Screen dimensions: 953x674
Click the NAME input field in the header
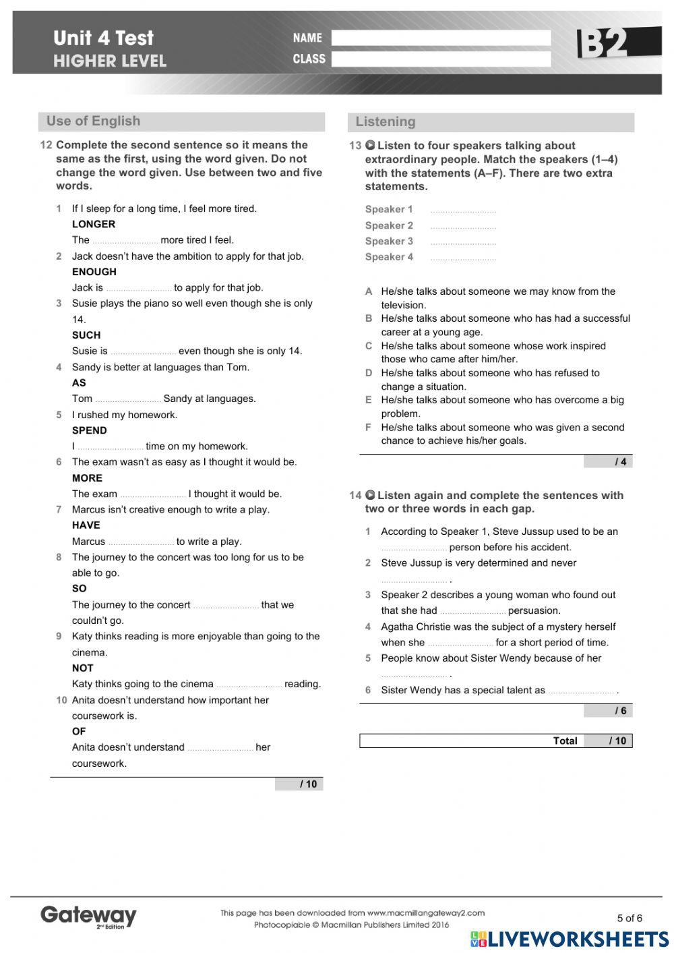[x=441, y=38]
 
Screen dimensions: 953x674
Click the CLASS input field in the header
[x=441, y=59]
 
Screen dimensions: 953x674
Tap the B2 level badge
[x=603, y=44]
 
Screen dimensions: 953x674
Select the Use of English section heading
[x=94, y=121]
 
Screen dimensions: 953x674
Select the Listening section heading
[x=386, y=122]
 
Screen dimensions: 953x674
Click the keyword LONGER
[x=94, y=224]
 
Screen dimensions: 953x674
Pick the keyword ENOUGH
[x=94, y=272]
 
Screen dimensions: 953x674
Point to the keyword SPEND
[x=90, y=430]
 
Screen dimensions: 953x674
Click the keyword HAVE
[x=86, y=525]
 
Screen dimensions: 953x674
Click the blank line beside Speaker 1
[x=463, y=210]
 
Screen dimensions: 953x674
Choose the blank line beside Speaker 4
[x=463, y=258]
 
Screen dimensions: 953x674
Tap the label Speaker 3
[x=389, y=241]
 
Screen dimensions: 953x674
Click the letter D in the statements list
[x=369, y=373]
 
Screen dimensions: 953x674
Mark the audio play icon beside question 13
[x=370, y=146]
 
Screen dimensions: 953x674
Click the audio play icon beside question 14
[x=370, y=495]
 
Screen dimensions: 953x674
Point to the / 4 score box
[x=608, y=462]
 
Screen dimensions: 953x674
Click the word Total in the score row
[x=565, y=741]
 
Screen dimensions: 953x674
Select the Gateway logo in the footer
[x=88, y=916]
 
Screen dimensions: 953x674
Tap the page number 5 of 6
[x=630, y=918]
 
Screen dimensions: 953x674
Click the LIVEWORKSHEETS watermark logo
[x=570, y=939]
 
